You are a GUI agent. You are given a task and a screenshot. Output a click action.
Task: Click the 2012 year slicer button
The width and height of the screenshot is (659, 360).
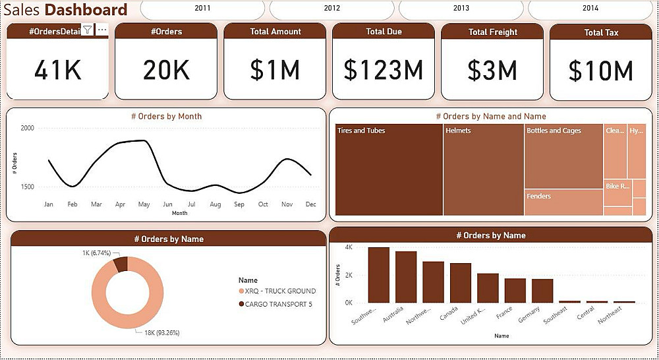[332, 9]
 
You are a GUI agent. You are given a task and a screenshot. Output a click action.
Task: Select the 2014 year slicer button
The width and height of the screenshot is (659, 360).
[590, 9]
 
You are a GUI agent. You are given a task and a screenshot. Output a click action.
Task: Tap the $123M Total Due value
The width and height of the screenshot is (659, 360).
[384, 70]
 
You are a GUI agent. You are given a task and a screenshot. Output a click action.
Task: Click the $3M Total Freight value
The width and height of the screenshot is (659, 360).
[492, 70]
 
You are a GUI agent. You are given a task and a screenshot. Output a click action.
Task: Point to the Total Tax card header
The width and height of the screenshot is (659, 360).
[601, 32]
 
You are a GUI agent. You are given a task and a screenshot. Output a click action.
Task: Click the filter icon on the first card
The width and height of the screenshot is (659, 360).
[88, 30]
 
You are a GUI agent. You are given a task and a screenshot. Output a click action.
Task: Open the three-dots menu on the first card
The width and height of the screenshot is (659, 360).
[101, 30]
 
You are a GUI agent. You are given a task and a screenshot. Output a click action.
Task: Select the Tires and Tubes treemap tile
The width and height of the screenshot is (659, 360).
[389, 171]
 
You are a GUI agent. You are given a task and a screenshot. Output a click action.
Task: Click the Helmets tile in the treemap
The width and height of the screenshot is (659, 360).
[483, 171]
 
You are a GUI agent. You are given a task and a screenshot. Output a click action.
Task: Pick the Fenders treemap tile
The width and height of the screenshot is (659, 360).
[563, 202]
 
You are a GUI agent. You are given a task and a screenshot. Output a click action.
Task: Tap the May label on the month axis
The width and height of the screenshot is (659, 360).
[144, 204]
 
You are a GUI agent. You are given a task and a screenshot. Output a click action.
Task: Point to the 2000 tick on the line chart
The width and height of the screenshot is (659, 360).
[27, 129]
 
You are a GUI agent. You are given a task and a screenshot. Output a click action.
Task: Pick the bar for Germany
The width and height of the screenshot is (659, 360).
[542, 291]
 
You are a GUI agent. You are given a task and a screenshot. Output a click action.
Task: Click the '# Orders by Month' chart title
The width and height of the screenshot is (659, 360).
[166, 116]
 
